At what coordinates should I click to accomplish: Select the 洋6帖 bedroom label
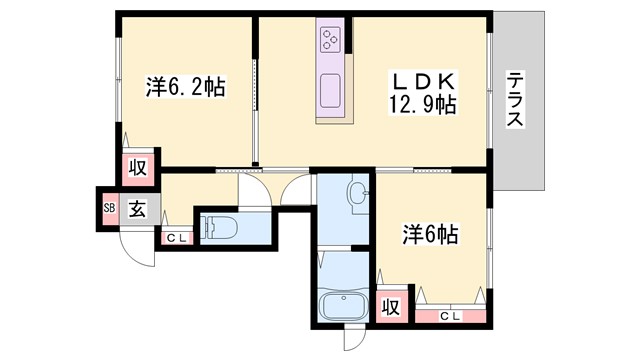tap(432, 235)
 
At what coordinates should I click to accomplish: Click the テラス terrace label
tap(516, 99)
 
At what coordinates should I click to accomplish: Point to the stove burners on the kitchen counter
tap(330, 41)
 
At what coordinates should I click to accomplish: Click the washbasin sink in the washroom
tap(357, 192)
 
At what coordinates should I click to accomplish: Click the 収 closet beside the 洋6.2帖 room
tap(137, 168)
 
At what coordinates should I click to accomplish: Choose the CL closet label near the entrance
tap(175, 238)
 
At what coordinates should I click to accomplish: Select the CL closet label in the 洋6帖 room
tap(450, 316)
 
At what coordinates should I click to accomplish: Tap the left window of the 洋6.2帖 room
tap(118, 90)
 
